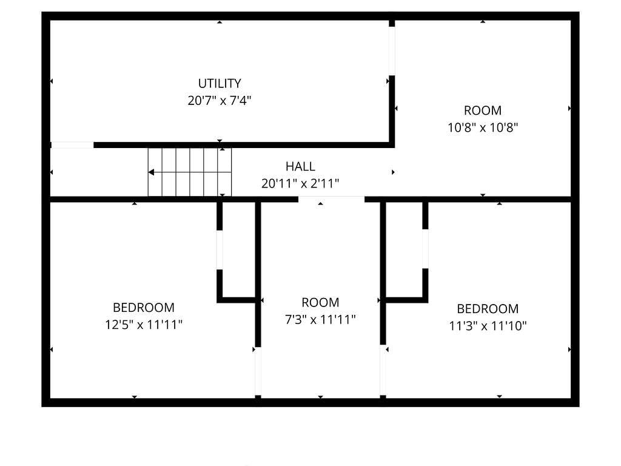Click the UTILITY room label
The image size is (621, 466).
coord(220,83)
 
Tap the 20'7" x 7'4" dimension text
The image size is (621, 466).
coord(220,101)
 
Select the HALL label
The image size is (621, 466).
coord(300,166)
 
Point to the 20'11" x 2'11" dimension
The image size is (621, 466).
coord(300,183)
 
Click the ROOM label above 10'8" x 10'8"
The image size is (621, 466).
coord(482,110)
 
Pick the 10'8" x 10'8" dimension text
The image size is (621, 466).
coord(483,127)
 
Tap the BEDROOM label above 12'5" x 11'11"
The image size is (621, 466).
coord(143,308)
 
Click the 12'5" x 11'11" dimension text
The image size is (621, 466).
coord(143,325)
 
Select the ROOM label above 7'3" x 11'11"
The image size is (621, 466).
coord(320,302)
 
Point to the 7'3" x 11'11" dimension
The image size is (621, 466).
coord(320,319)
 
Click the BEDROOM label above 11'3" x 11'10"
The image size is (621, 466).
coord(488,309)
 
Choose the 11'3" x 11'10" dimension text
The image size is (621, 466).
coord(488,326)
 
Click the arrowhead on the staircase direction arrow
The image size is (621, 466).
coord(151,172)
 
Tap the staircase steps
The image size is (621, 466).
coord(190,172)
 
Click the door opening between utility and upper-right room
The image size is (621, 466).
coord(392,51)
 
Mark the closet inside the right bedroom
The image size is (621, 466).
coord(404,250)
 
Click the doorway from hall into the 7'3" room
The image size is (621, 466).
coord(332,199)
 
